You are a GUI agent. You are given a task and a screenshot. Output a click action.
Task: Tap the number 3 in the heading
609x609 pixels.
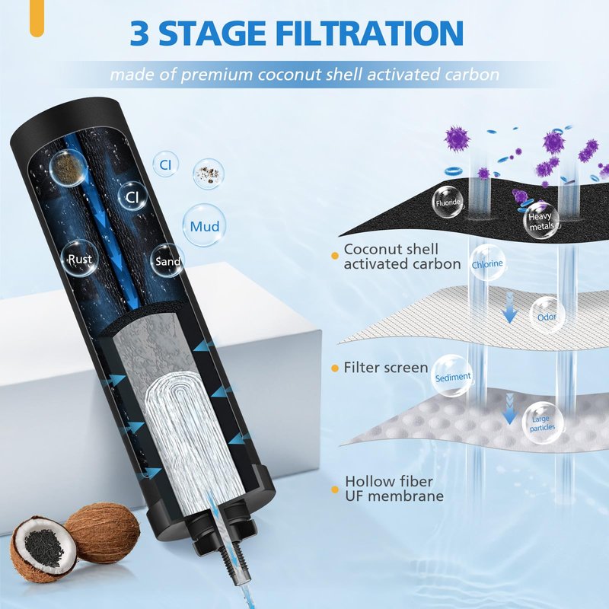[x=139, y=33]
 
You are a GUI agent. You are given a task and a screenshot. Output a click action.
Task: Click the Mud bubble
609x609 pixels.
[x=204, y=225]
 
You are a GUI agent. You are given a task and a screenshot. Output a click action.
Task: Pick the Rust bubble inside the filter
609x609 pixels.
[x=80, y=258]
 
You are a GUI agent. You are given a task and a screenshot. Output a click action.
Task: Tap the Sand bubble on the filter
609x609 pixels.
[x=167, y=260]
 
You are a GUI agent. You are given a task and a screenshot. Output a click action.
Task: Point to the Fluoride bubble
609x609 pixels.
[x=448, y=202]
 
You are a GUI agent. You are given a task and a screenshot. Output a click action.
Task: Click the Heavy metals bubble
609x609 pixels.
[x=542, y=221]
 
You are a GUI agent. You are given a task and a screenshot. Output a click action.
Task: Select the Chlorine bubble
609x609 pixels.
[x=487, y=263]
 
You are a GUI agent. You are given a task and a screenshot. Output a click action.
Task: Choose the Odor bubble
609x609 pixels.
[x=547, y=317]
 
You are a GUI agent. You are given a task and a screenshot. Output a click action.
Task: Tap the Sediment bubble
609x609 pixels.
[x=452, y=376]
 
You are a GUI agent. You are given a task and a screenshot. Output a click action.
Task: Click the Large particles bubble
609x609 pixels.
[x=543, y=423]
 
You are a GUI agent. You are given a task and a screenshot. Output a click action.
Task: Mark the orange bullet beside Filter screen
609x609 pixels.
[x=334, y=368]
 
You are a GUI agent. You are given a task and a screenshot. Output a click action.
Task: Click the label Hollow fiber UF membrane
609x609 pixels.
[x=394, y=489]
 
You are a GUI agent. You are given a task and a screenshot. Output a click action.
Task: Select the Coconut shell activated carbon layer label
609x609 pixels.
[x=402, y=257]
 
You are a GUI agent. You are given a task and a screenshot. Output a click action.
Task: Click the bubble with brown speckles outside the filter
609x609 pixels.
[x=209, y=174]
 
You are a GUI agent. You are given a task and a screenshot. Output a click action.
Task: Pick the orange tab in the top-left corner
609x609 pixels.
[x=37, y=18]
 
